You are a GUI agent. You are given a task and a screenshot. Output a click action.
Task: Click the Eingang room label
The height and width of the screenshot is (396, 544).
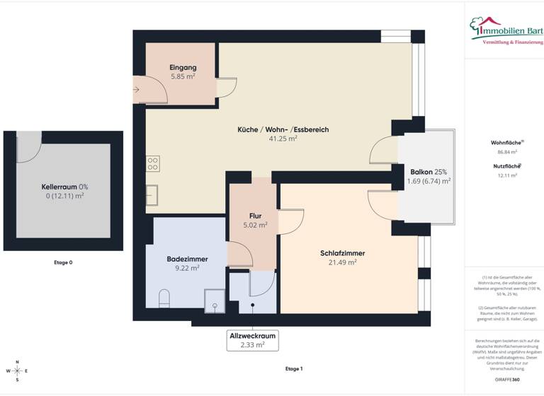tap(183, 67)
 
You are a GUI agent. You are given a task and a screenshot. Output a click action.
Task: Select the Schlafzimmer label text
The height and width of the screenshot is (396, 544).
tap(342, 252)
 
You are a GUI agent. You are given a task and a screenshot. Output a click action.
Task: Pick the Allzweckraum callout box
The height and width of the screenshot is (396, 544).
tap(252, 340)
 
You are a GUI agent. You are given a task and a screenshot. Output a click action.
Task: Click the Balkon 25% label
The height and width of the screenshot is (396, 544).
tap(429, 172)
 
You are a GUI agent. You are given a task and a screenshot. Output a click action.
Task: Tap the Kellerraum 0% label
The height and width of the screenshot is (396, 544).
tap(64, 187)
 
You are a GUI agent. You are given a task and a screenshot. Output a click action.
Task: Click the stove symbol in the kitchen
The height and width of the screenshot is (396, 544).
tap(153, 164)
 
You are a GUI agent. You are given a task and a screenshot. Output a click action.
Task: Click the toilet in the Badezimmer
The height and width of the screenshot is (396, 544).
tap(165, 298)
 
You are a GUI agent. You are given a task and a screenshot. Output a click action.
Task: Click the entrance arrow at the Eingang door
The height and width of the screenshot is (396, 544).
tap(136, 90)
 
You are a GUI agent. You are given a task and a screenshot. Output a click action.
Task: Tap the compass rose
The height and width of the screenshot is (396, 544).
tap(18, 371)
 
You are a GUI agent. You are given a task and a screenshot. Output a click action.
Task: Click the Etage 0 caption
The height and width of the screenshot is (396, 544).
tap(63, 262)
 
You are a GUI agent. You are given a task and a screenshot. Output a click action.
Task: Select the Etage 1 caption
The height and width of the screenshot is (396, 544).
tap(293, 369)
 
